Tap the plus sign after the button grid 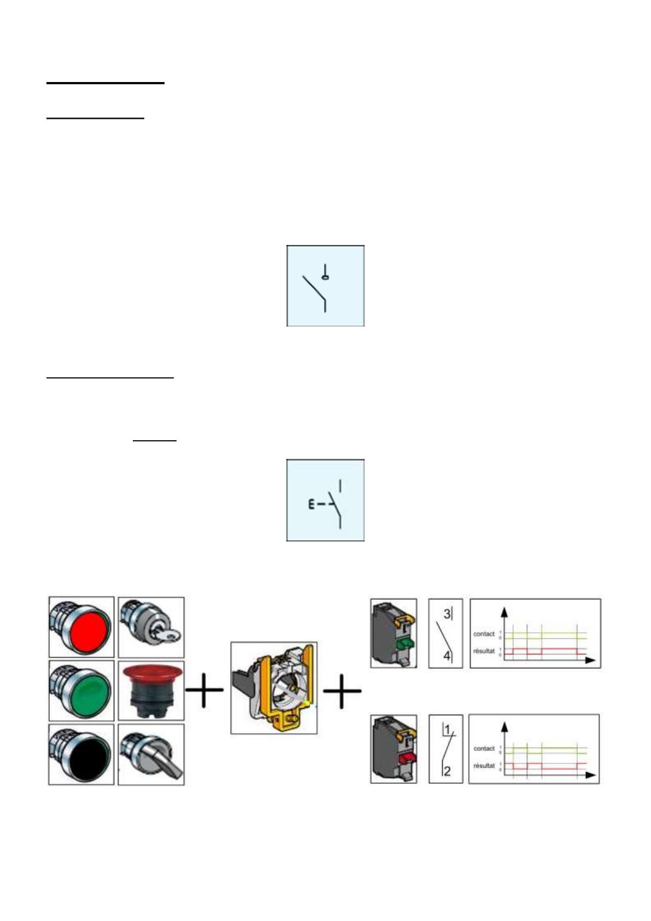[204, 690]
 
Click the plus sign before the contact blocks [342, 691]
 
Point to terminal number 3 [447, 614]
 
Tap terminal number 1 [447, 730]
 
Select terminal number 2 [447, 771]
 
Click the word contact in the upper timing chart [483, 634]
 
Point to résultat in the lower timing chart [484, 766]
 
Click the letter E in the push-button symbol [311, 504]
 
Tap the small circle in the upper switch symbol [326, 277]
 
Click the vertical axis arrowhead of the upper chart [505, 612]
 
